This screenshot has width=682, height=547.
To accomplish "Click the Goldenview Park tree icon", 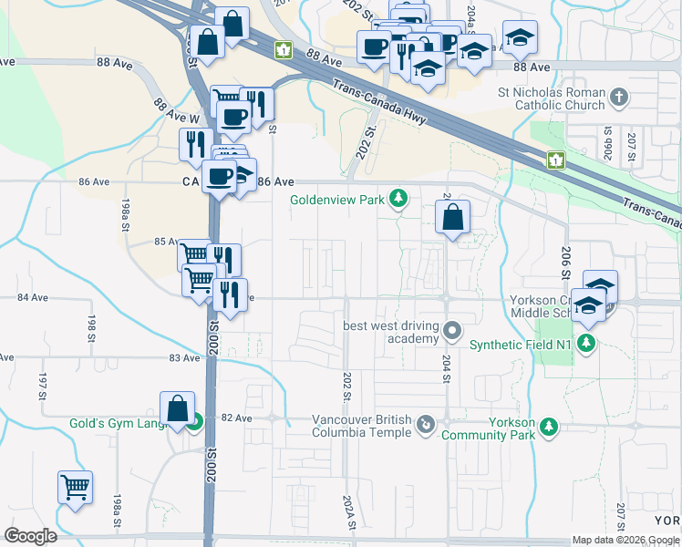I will tap(398, 198).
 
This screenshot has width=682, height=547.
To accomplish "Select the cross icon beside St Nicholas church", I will tap(619, 97).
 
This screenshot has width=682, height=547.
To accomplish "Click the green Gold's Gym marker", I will tap(194, 422).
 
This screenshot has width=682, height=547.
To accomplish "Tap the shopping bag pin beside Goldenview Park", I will tap(453, 218).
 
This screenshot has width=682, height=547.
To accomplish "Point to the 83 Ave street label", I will tap(184, 358).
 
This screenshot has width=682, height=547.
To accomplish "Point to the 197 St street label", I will tap(42, 386).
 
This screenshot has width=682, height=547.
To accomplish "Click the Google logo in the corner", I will tap(30, 535).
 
